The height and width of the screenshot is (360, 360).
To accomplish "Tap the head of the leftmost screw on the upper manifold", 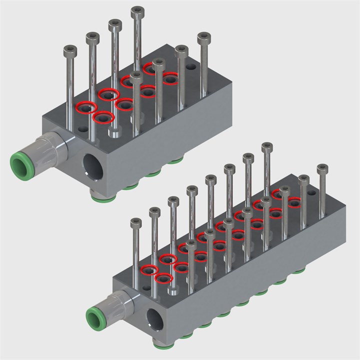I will (x=69, y=50).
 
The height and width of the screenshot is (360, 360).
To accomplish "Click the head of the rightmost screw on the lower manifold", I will (x=322, y=168).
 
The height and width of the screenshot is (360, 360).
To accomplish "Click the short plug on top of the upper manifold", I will (x=114, y=131).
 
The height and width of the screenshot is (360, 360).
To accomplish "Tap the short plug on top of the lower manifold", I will (x=173, y=290).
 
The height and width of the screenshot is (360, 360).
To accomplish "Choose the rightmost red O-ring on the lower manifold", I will (x=293, y=202).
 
